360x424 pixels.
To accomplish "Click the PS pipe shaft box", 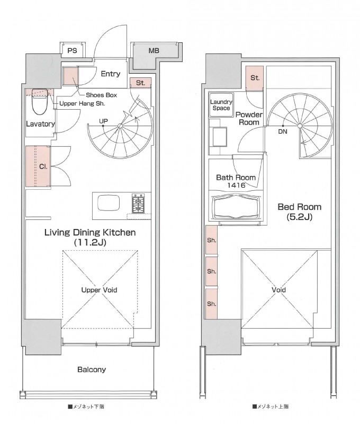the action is click(72, 50).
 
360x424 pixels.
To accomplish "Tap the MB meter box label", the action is click(154, 50).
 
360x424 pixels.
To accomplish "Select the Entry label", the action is click(111, 74).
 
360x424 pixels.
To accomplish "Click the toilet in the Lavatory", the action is click(39, 103).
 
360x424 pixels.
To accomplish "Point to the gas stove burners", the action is click(138, 203).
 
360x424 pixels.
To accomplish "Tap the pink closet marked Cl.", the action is click(38, 166).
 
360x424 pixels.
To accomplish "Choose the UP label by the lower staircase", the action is click(103, 121).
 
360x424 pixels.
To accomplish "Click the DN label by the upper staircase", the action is click(283, 131).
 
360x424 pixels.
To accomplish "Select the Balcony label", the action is click(92, 369).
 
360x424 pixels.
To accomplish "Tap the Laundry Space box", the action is click(221, 105).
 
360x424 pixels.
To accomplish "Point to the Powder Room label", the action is click(249, 118).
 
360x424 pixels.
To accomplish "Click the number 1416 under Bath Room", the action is click(236, 185).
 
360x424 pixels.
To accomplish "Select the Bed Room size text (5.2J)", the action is click(299, 217).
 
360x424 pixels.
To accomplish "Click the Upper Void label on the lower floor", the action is click(99, 290).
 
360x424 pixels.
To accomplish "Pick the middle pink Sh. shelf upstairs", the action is click(211, 271).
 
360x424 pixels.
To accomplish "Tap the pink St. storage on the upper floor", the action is click(255, 78).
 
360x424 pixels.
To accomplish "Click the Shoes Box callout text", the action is click(101, 95).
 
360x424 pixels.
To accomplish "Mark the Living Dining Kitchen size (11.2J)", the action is click(90, 242).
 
